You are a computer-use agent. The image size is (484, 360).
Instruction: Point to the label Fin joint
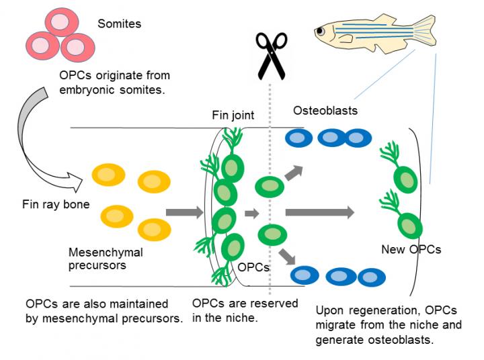pos(233,115)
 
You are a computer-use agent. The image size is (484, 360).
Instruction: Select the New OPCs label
pos(411,249)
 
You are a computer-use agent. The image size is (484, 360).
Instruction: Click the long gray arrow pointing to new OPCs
pos(319,213)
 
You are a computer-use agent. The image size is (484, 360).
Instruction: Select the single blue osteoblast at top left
pos(297,138)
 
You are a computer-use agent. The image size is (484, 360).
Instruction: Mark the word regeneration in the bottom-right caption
pos(376,311)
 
